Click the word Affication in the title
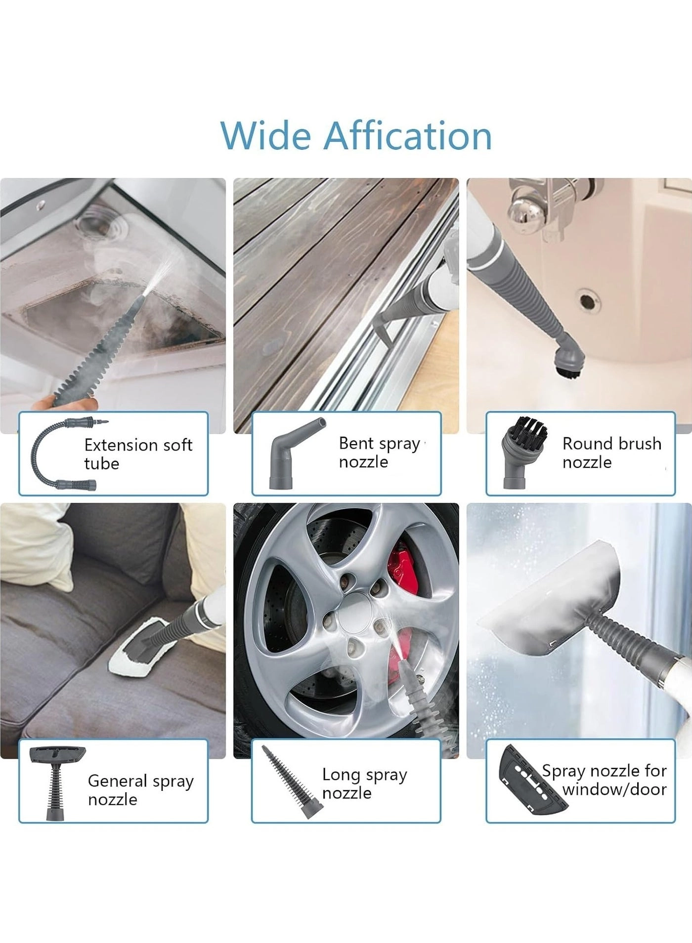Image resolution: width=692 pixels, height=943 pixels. click(x=407, y=136)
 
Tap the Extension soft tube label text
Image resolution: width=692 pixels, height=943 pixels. click(x=137, y=454)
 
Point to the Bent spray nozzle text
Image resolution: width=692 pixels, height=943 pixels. click(x=379, y=452)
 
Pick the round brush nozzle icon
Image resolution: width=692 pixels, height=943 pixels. click(x=523, y=451)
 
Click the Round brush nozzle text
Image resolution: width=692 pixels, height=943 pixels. click(x=611, y=452)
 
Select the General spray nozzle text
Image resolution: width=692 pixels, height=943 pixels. click(x=140, y=789)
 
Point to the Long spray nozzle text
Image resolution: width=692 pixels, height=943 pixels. click(x=364, y=783)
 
